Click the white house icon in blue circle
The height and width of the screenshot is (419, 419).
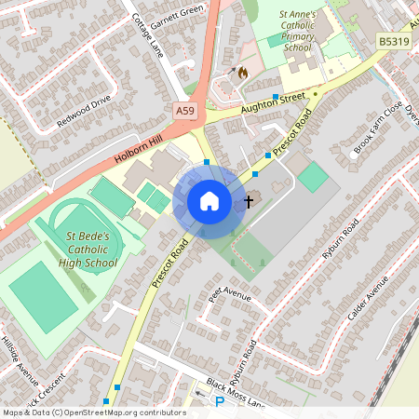click(209, 201)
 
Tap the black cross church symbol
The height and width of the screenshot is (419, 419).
click(249, 200)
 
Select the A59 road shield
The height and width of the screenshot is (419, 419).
click(185, 111)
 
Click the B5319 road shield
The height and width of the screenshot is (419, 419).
click(395, 42)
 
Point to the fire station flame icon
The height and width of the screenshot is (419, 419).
click(242, 71)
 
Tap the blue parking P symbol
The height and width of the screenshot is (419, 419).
click(220, 402)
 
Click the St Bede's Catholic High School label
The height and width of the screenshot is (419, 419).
click(91, 250)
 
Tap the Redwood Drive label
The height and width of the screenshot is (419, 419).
click(83, 110)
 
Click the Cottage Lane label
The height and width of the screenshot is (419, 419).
click(146, 35)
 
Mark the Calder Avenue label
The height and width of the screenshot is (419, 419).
click(366, 304)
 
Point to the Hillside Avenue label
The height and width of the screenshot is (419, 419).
click(19, 359)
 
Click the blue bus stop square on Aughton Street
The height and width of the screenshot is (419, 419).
click(277, 96)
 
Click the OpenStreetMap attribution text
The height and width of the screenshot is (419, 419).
click(94, 412)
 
